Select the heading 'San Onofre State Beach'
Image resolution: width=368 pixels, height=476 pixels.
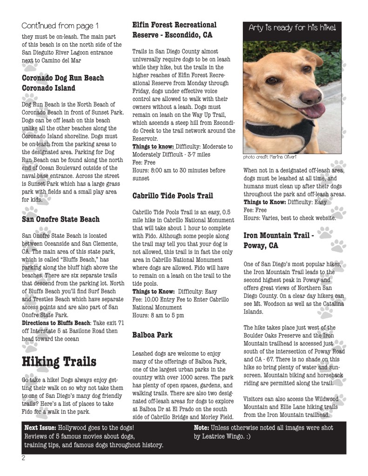[60, 219]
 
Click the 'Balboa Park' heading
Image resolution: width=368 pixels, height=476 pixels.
[152, 335]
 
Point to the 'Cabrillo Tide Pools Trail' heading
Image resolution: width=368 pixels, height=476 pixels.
[173, 196]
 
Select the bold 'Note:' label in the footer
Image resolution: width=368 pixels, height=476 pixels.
[201, 428]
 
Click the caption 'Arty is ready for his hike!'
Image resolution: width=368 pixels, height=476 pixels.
[293, 28]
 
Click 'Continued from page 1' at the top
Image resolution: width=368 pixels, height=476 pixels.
[60, 25]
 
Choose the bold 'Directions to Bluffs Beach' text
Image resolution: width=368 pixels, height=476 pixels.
[56, 323]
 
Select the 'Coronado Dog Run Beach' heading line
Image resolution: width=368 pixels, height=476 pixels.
[63, 78]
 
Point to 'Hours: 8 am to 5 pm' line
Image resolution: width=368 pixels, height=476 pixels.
[158, 315]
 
